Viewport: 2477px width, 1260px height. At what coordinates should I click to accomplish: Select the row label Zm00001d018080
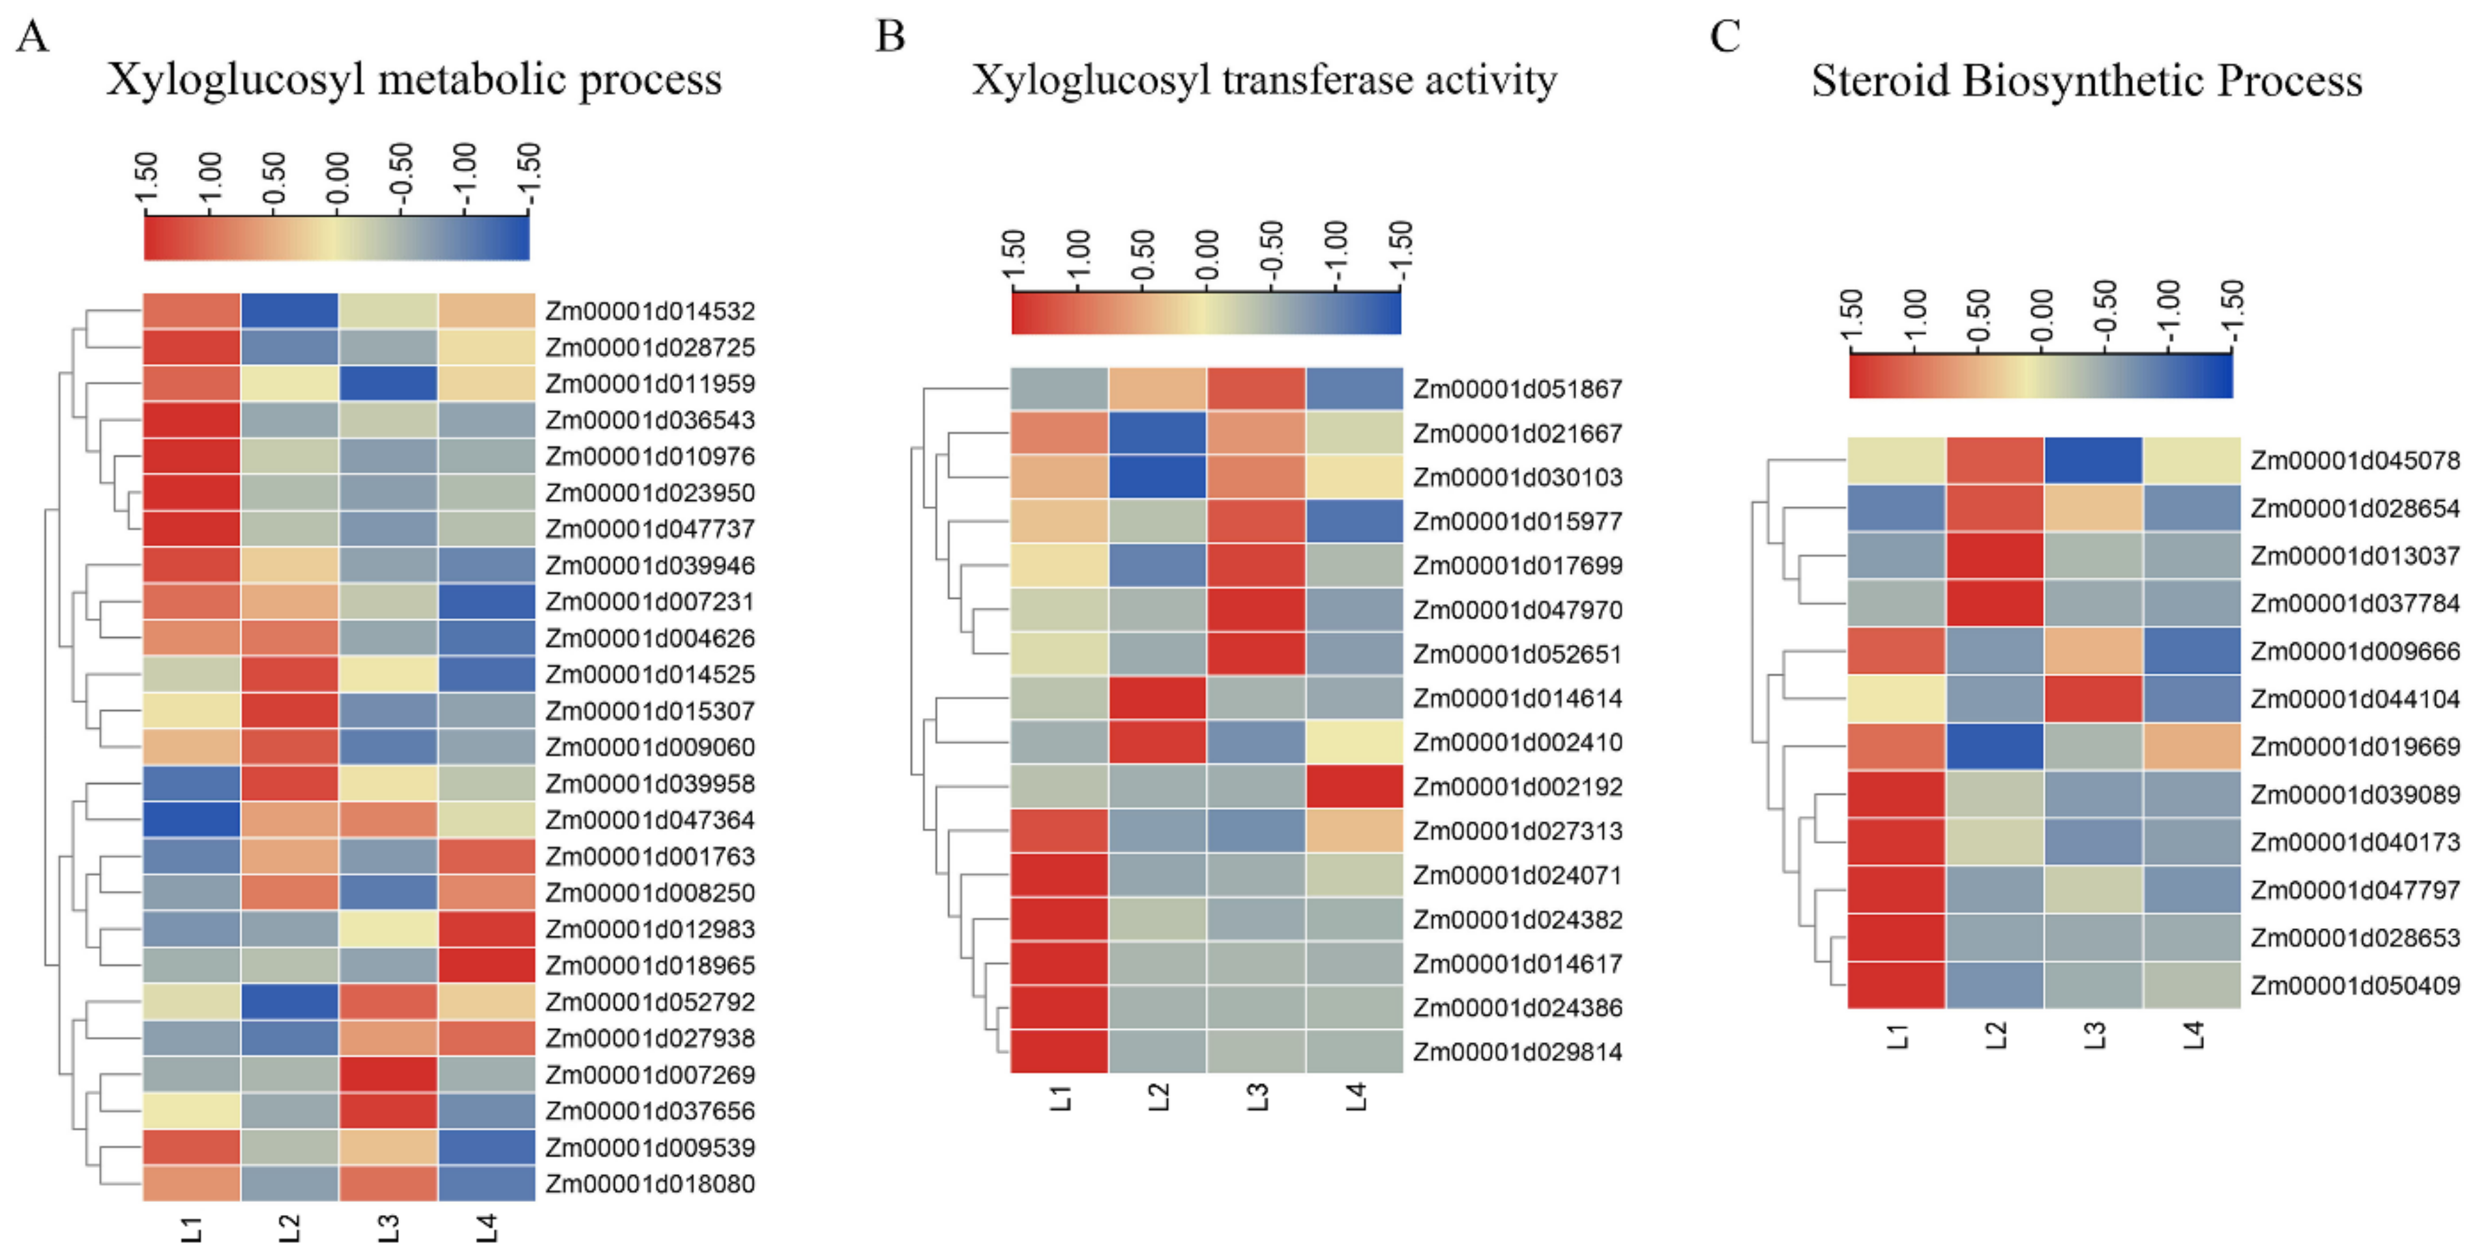click(650, 1184)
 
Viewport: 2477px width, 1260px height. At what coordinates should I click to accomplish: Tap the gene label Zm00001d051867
click(1517, 389)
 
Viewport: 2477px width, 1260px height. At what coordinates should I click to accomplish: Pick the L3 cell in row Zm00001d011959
click(387, 383)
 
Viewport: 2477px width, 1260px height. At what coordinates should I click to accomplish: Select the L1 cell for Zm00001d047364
click(192, 820)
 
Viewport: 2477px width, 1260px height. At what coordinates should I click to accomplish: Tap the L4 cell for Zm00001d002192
click(1354, 787)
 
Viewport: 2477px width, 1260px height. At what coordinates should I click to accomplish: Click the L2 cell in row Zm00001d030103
click(1157, 478)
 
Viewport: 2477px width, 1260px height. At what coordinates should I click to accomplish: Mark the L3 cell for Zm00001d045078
click(2093, 460)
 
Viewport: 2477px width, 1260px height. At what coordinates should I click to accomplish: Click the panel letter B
click(890, 37)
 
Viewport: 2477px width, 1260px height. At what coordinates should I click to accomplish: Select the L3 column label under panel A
click(387, 1228)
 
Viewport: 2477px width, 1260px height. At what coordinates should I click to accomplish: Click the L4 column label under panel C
click(2192, 1036)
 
